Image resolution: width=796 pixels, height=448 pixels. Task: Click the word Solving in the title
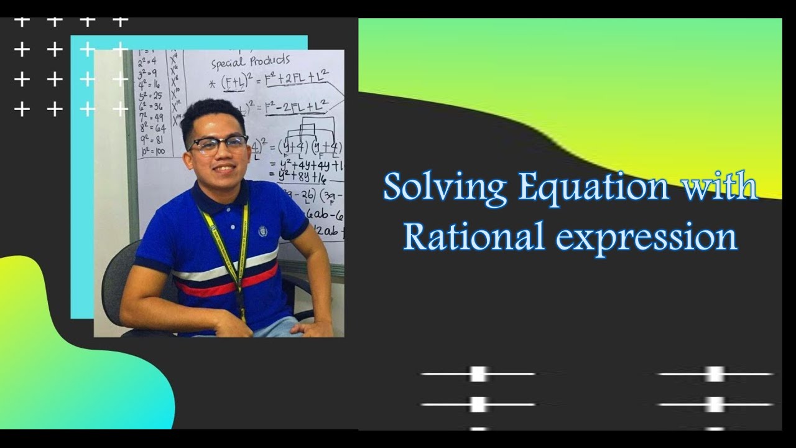(x=445, y=187)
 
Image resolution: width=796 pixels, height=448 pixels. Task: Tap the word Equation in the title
(x=593, y=187)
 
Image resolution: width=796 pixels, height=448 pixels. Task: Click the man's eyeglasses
(x=218, y=144)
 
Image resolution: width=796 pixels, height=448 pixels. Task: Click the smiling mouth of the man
(x=223, y=169)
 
